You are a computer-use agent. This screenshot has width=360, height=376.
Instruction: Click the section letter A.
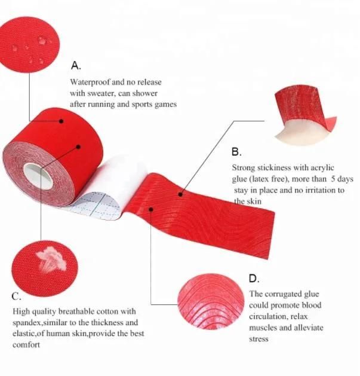(x=76, y=66)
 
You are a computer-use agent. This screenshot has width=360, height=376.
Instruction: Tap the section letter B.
(x=236, y=152)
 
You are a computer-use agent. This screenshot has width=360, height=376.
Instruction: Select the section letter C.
(x=16, y=296)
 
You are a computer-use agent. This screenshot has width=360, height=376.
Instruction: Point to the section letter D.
(x=254, y=279)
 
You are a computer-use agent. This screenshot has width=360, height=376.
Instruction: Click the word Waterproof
(x=90, y=82)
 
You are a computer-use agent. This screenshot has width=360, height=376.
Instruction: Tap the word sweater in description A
(x=101, y=93)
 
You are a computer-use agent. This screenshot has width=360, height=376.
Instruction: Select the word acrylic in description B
(x=322, y=168)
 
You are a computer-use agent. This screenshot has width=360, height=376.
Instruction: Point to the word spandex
(x=27, y=323)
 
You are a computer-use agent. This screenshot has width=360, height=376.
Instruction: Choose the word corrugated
(x=284, y=295)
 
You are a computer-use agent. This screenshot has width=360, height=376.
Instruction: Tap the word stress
(x=259, y=339)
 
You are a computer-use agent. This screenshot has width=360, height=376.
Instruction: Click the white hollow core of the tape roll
(x=38, y=176)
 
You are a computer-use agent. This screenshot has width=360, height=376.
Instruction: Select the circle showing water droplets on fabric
(x=29, y=44)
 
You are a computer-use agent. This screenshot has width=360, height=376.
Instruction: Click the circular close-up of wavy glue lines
(x=211, y=302)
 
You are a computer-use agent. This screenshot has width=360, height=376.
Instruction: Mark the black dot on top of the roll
(x=61, y=121)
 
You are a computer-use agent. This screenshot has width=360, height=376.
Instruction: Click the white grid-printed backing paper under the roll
(x=96, y=204)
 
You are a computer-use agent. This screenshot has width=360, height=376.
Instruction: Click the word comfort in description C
(x=26, y=345)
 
